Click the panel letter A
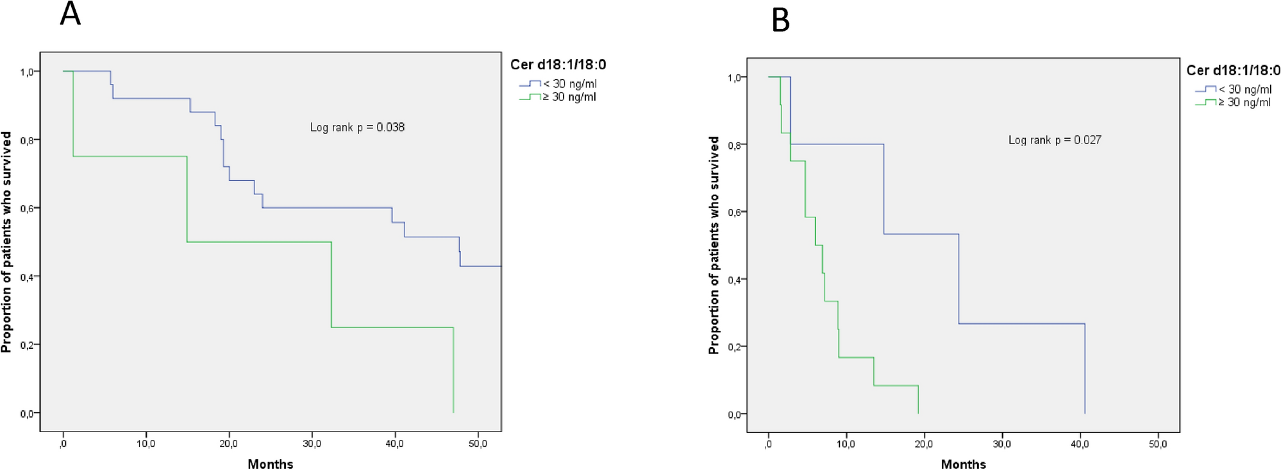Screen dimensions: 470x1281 click(x=70, y=14)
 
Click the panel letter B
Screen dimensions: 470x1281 click(x=780, y=21)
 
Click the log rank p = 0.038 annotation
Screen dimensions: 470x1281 click(x=357, y=128)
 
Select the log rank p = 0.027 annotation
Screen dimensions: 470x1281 click(x=1055, y=140)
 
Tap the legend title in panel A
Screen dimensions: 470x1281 click(x=558, y=65)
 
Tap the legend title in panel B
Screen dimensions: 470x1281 click(x=1233, y=71)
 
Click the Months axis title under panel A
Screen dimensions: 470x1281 click(x=270, y=464)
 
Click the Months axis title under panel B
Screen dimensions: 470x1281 click(x=963, y=464)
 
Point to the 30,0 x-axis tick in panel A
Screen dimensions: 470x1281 click(x=312, y=444)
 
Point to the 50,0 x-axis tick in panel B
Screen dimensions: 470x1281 click(x=1157, y=444)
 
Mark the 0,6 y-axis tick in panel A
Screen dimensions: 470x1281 click(x=27, y=208)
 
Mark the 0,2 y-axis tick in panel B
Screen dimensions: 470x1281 click(x=734, y=347)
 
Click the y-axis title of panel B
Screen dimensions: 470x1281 click(x=714, y=245)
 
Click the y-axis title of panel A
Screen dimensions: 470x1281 click(x=6, y=242)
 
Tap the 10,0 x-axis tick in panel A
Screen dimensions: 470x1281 click(x=146, y=444)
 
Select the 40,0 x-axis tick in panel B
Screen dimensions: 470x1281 click(x=1080, y=444)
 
